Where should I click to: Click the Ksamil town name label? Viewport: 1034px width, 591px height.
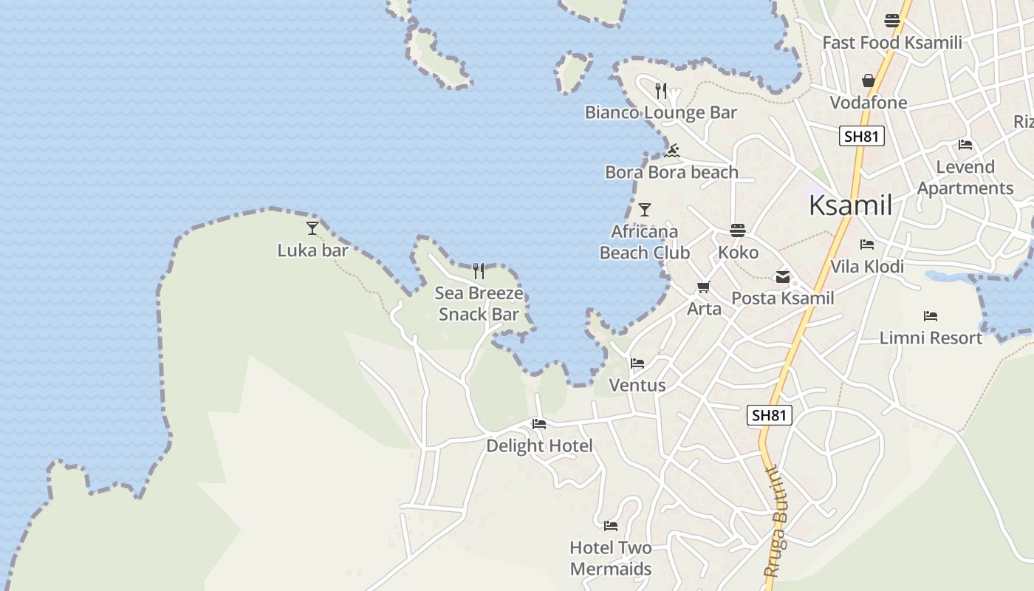point(850,205)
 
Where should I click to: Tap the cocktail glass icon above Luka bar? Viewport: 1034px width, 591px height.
point(312,228)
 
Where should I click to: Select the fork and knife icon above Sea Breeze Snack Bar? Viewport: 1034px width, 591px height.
point(479,271)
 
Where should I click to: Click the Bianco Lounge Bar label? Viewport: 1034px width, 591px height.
point(660,112)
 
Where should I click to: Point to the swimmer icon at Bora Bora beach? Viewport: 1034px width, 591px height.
point(672,151)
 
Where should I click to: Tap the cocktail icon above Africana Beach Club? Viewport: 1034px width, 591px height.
point(645,210)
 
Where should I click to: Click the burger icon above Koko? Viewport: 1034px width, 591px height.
point(738,230)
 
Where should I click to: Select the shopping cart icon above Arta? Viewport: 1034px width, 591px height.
point(703,287)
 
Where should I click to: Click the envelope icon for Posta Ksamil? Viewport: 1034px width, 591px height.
point(782,278)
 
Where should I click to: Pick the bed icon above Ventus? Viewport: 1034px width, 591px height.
point(637,363)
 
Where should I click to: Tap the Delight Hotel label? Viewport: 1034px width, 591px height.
point(539,445)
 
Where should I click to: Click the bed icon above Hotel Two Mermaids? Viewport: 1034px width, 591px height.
point(611,526)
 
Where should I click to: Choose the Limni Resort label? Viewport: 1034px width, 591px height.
point(931,338)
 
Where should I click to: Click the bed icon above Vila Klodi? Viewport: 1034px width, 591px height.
point(867,245)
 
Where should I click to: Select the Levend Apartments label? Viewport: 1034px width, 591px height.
point(965,177)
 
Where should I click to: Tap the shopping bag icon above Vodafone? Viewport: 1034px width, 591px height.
point(869,81)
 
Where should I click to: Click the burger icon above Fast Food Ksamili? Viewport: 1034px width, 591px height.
point(892,21)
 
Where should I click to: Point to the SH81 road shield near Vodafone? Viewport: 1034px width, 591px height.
point(862,136)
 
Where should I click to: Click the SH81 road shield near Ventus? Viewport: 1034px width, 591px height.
point(769,415)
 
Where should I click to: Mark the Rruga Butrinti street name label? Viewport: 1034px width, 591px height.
point(775,521)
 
